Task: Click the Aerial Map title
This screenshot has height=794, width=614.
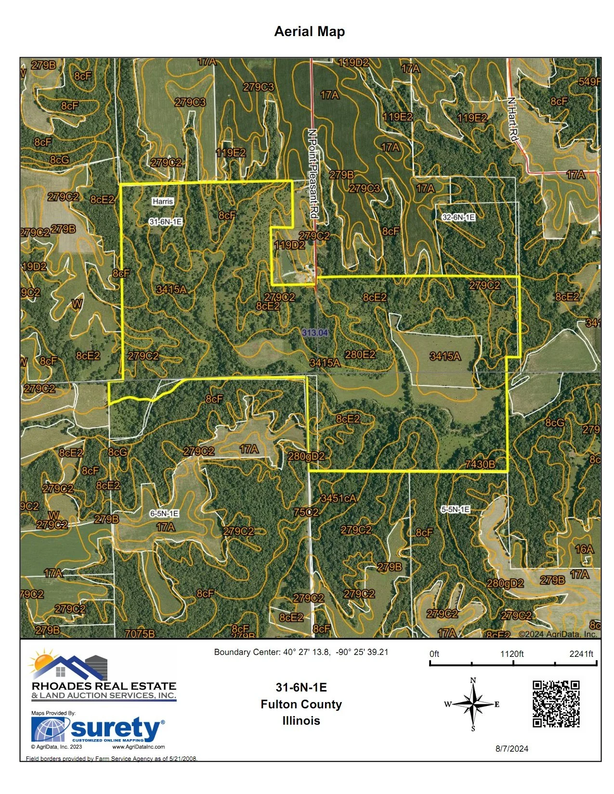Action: pyautogui.click(x=309, y=32)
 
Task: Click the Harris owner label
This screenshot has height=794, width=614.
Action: pyautogui.click(x=163, y=202)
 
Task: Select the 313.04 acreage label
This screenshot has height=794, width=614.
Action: pyautogui.click(x=315, y=333)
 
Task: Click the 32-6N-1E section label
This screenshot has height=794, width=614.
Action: pyautogui.click(x=458, y=217)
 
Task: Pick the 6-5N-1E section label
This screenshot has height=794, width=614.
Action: pyautogui.click(x=164, y=513)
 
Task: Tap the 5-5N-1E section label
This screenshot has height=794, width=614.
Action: pyautogui.click(x=456, y=509)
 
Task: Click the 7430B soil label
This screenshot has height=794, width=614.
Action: pyautogui.click(x=480, y=464)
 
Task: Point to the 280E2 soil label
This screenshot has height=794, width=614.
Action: pyautogui.click(x=360, y=355)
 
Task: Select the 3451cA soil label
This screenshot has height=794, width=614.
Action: pyautogui.click(x=339, y=499)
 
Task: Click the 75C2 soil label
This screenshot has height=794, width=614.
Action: pyautogui.click(x=306, y=512)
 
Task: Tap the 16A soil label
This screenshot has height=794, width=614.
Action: pyautogui.click(x=584, y=549)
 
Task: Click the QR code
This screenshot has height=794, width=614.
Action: pyautogui.click(x=556, y=704)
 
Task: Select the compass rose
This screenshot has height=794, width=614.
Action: pyautogui.click(x=473, y=704)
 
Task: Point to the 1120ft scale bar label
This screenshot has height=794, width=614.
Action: pyautogui.click(x=512, y=653)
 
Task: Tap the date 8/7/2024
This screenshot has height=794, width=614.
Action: pyautogui.click(x=512, y=748)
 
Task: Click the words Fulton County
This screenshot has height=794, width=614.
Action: pyautogui.click(x=301, y=704)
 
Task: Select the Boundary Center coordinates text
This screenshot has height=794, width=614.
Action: pyautogui.click(x=301, y=652)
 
